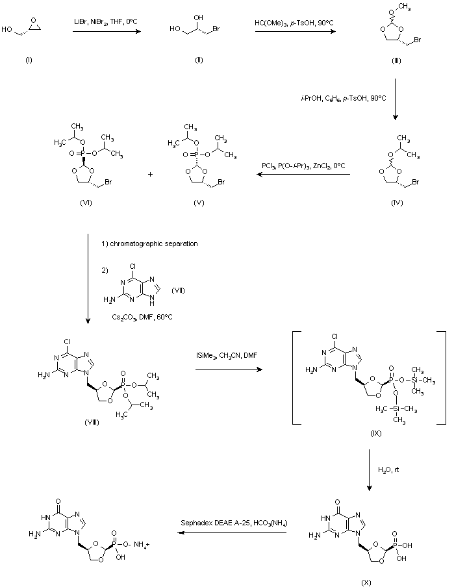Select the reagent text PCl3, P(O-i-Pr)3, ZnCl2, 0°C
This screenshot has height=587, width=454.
point(303,167)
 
